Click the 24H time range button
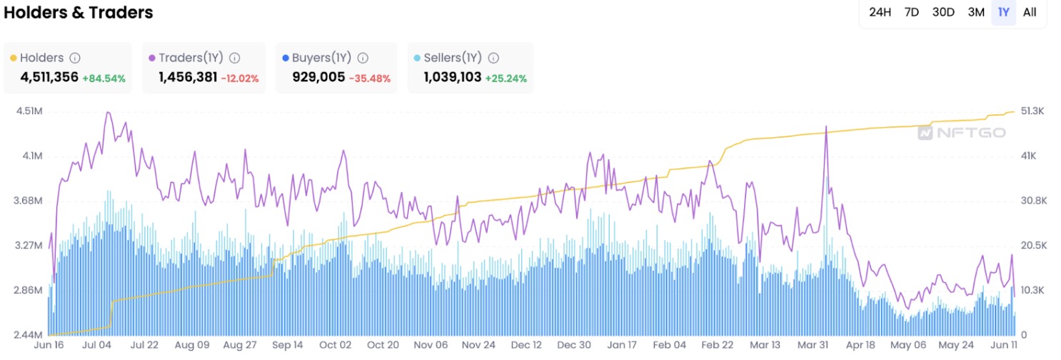click(x=880, y=12)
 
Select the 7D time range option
click(x=912, y=12)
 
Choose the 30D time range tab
click(x=943, y=12)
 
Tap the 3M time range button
click(x=976, y=12)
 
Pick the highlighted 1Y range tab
click(x=1004, y=12)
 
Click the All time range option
click(x=1030, y=12)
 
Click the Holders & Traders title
click(x=79, y=12)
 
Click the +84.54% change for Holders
click(x=104, y=78)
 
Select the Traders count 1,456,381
click(x=188, y=77)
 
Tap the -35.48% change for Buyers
click(x=370, y=78)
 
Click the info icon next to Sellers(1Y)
click(x=493, y=58)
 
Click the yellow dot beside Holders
click(x=13, y=58)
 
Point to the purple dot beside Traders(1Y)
click(x=151, y=58)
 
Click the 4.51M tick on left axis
click(x=26, y=111)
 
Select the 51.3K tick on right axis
click(x=1033, y=111)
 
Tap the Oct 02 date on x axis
click(x=335, y=345)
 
